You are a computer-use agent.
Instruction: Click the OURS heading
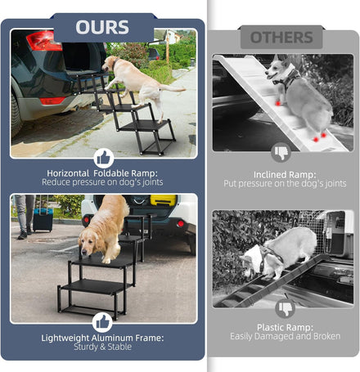102,27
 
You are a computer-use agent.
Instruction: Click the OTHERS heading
281,38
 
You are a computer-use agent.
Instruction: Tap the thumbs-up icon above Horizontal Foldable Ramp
104,158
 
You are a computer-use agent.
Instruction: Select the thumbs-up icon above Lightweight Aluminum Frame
102,323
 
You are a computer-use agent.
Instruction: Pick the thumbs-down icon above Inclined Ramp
281,153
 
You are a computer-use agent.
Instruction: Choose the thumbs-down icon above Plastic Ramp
286,308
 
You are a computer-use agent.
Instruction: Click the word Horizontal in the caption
68,173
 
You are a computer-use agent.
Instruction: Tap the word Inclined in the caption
270,175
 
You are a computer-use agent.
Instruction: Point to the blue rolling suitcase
43,219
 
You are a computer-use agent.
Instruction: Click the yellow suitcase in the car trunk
164,199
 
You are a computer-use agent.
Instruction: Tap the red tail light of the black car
44,41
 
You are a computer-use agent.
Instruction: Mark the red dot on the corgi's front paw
277,104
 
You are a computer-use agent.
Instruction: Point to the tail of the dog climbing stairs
173,87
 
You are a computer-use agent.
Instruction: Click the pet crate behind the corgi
338,235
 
